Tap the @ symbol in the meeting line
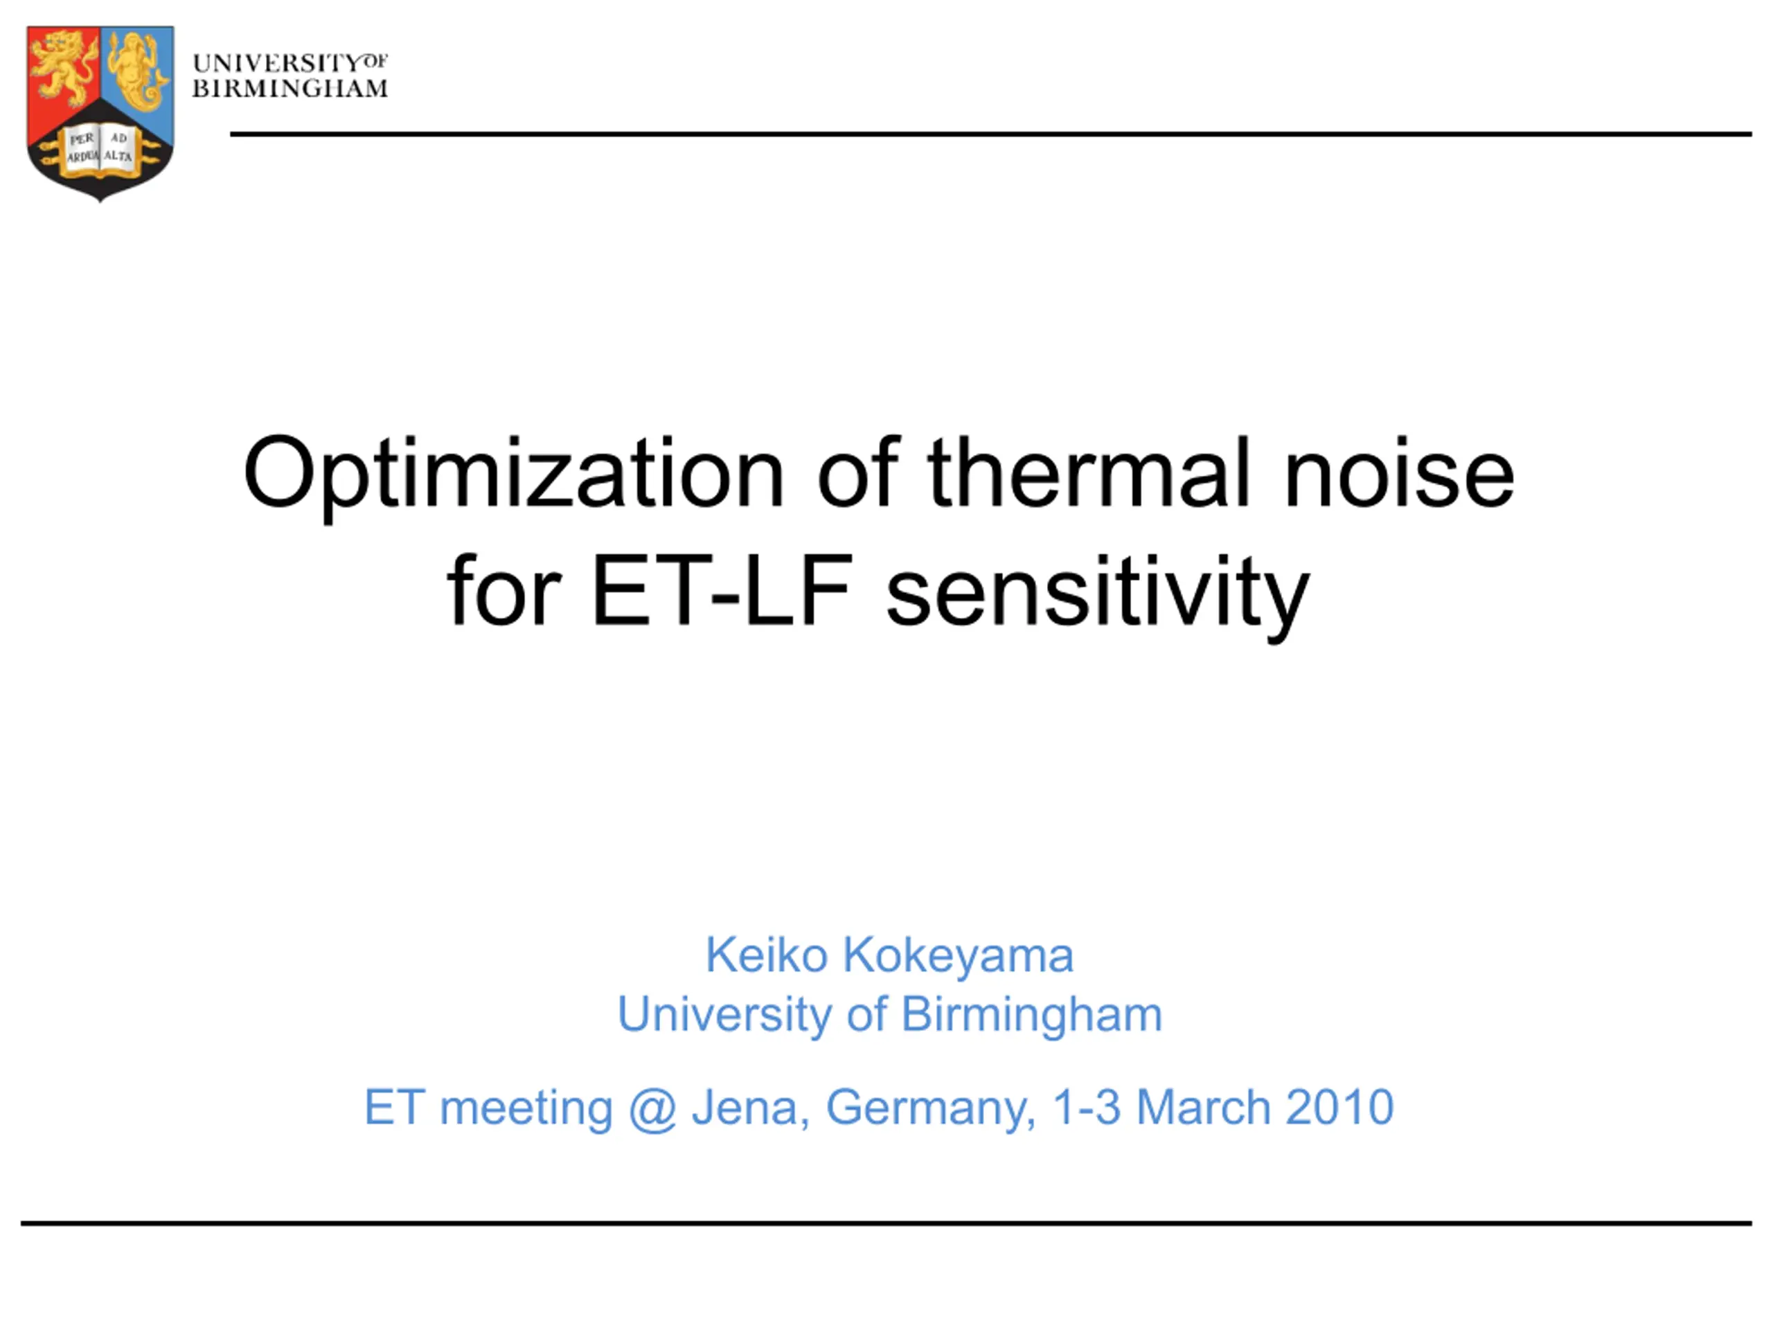pyautogui.click(x=652, y=1109)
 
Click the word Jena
pyautogui.click(x=750, y=1108)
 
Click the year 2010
pyautogui.click(x=1340, y=1107)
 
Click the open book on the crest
pyautogui.click(x=100, y=148)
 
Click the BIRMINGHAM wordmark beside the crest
pyautogui.click(x=290, y=88)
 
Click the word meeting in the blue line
pyautogui.click(x=526, y=1110)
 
